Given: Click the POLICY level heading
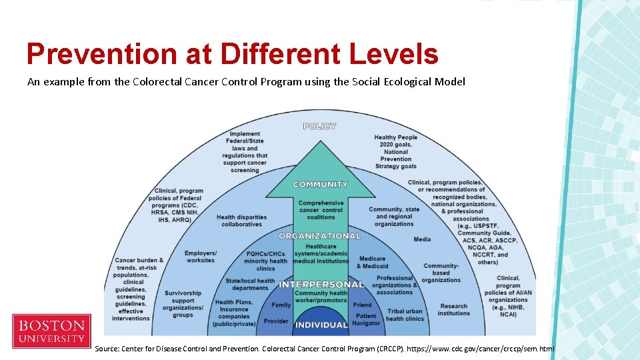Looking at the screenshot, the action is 320,126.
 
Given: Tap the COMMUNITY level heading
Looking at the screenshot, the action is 320,185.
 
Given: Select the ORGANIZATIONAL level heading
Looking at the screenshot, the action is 320,236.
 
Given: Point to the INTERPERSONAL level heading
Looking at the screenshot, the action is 321,285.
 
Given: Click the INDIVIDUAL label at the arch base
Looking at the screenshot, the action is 321,325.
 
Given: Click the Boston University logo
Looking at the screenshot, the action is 51,331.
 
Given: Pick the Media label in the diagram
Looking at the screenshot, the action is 422,239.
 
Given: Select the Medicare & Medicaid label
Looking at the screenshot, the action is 372,262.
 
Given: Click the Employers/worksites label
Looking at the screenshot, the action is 201,257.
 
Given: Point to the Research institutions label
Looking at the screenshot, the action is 454,309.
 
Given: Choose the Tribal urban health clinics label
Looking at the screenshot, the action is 405,315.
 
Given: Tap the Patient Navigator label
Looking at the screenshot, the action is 366,319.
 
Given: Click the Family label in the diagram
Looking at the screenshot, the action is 281,305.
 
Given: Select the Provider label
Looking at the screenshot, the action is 276,321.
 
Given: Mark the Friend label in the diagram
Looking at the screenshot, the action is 362,305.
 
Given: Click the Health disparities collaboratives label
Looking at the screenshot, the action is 241,221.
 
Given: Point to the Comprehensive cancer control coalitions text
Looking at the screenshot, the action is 321,210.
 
